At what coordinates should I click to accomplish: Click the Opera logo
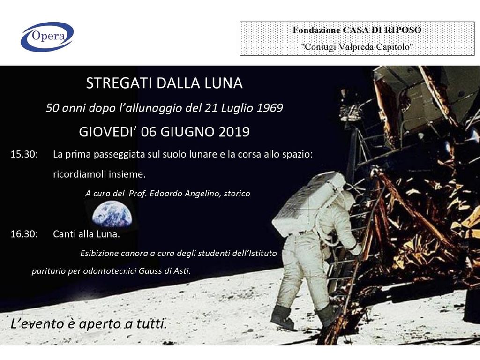(47, 37)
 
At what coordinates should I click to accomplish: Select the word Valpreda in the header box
(357, 47)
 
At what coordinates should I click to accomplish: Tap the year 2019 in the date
(234, 132)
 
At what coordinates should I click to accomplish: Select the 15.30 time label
(24, 154)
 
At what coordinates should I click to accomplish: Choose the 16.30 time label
(24, 234)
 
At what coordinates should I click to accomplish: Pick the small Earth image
(112, 214)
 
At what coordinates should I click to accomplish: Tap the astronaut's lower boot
(282, 317)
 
